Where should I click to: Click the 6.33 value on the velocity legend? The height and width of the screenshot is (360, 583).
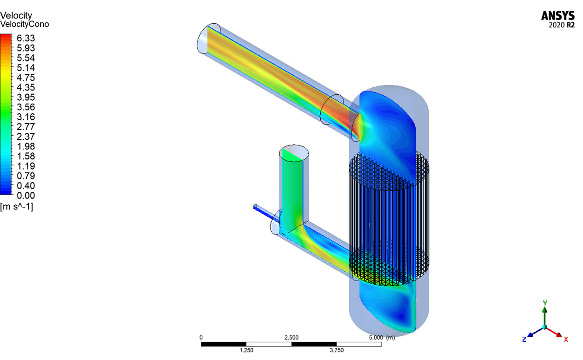click(26, 38)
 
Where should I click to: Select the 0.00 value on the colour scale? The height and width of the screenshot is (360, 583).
click(26, 196)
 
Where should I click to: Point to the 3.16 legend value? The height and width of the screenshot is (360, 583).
click(26, 117)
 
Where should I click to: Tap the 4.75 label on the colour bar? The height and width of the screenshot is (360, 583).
click(26, 78)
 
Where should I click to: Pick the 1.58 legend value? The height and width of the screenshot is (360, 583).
click(26, 156)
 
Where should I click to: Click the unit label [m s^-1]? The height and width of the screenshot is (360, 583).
click(16, 207)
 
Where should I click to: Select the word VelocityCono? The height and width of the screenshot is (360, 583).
click(25, 24)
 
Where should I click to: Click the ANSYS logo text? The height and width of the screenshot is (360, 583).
click(558, 16)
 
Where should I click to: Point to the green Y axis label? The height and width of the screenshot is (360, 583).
click(545, 303)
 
